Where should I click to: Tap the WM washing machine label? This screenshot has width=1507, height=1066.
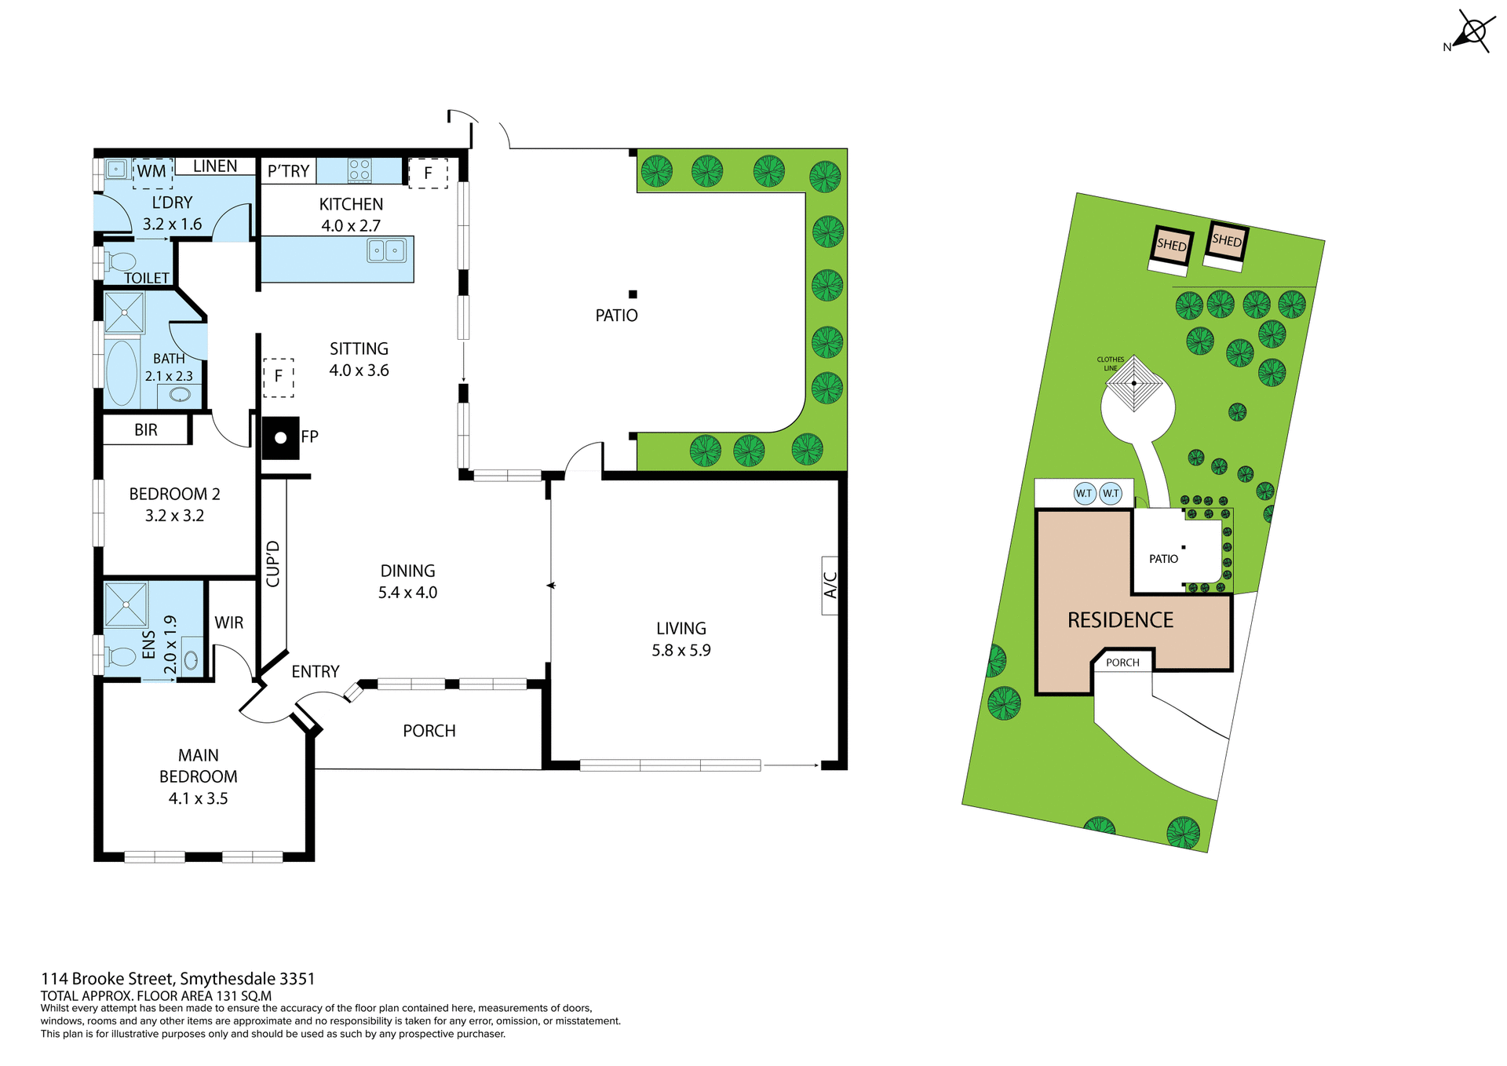click(x=152, y=171)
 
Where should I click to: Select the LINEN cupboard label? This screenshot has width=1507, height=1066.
click(x=215, y=166)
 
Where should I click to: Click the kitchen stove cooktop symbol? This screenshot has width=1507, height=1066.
click(x=359, y=170)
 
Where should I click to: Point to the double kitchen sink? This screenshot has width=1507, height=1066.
click(x=386, y=250)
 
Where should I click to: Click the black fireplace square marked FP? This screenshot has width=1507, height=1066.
click(x=280, y=438)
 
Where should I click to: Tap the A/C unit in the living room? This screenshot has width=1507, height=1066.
click(x=830, y=585)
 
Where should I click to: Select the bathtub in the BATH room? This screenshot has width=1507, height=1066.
click(x=122, y=372)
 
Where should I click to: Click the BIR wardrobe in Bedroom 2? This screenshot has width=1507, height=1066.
click(x=146, y=429)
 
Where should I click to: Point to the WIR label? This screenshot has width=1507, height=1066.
click(x=229, y=622)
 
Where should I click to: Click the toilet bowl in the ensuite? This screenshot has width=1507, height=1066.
click(x=121, y=656)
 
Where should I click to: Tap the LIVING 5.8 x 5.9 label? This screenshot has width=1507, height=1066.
click(x=681, y=639)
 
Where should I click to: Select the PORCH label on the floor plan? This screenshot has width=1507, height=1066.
click(x=429, y=731)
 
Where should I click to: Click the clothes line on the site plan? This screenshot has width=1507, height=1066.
click(x=1134, y=384)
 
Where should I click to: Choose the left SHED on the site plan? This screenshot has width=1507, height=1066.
click(x=1172, y=245)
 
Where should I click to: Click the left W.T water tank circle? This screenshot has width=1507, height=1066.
click(x=1084, y=494)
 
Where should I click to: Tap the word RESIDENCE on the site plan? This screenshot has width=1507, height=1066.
click(x=1120, y=620)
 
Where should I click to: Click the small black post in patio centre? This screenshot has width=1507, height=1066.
click(x=633, y=294)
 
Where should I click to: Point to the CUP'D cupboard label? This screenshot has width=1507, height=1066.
click(x=273, y=564)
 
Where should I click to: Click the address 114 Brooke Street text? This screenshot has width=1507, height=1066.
click(x=177, y=979)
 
